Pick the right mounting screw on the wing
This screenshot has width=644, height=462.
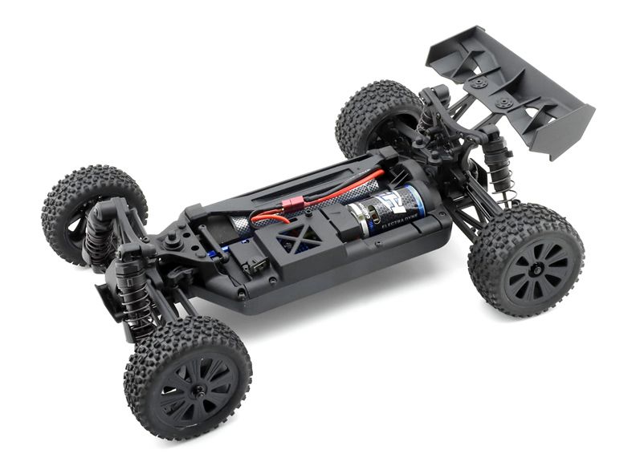click(503, 103)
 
